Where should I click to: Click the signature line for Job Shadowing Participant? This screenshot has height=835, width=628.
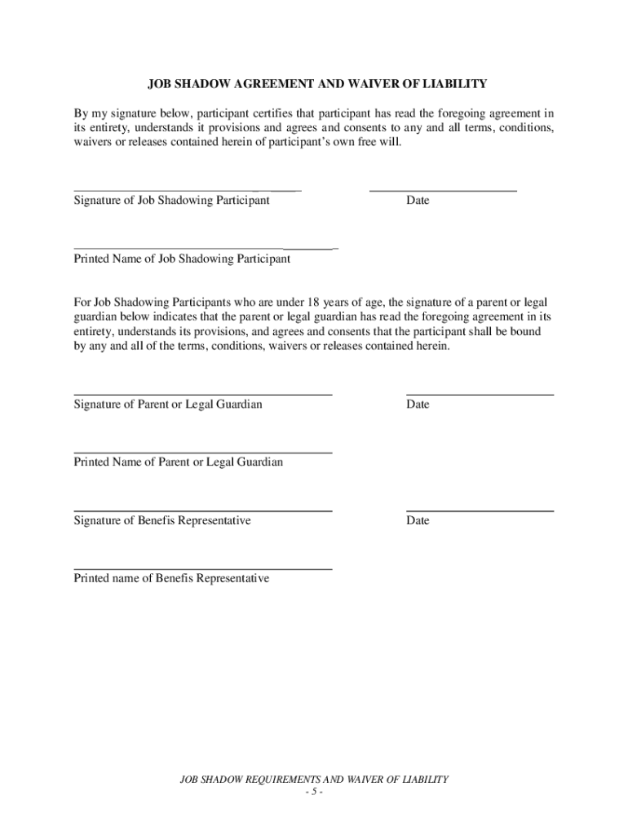coord(188,190)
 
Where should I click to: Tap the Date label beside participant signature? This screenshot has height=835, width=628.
coord(417,201)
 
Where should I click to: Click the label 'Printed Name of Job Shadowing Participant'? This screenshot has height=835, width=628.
coord(182,259)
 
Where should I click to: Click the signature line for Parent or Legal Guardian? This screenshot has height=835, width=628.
coord(203,395)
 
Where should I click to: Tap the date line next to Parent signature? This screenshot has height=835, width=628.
coord(480,395)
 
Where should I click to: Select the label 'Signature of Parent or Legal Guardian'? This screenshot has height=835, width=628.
coord(168,404)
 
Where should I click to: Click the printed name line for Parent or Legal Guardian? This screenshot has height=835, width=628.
coord(203,453)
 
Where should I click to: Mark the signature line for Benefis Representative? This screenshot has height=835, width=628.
coord(203,511)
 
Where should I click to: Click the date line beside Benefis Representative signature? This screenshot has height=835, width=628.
coord(480,511)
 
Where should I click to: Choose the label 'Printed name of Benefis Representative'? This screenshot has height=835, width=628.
coord(171,579)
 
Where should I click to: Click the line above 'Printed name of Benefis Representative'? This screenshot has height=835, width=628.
coord(203,569)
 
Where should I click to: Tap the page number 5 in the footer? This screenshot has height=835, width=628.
coord(314,792)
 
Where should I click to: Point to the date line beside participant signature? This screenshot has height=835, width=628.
coord(443,190)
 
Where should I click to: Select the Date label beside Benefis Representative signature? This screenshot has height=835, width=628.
coord(417,521)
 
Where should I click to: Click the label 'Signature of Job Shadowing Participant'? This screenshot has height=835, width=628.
coord(171,201)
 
